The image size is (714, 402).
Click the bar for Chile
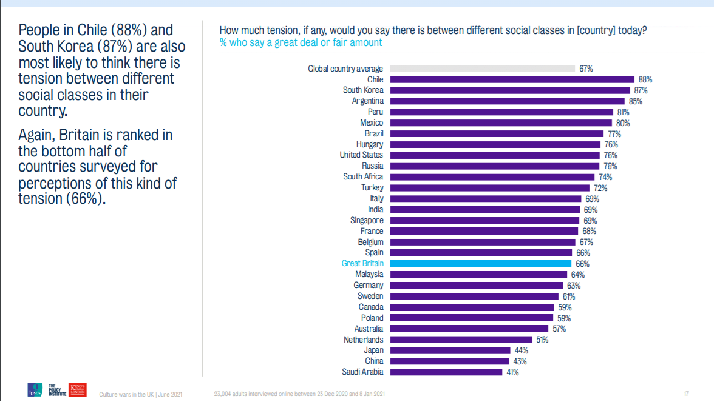[511, 79]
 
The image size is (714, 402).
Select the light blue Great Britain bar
[480, 264]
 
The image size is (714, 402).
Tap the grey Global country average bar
[482, 69]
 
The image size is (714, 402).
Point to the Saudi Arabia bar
[446, 372]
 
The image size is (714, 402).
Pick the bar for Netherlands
[460, 340]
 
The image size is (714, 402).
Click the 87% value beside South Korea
[641, 90]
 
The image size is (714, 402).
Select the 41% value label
[512, 372]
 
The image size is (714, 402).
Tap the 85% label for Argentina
[635, 101]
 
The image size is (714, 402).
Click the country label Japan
[373, 350]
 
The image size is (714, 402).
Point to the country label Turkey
[372, 188]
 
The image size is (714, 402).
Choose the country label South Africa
[363, 177]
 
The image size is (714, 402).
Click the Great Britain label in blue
[362, 264]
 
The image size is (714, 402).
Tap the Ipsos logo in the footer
[35, 390]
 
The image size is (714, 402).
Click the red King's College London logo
[78, 389]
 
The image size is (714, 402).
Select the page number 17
[686, 394]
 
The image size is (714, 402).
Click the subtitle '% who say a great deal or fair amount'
[301, 42]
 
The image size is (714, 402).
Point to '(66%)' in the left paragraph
[86, 199]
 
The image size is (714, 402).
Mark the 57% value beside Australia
[559, 329]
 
